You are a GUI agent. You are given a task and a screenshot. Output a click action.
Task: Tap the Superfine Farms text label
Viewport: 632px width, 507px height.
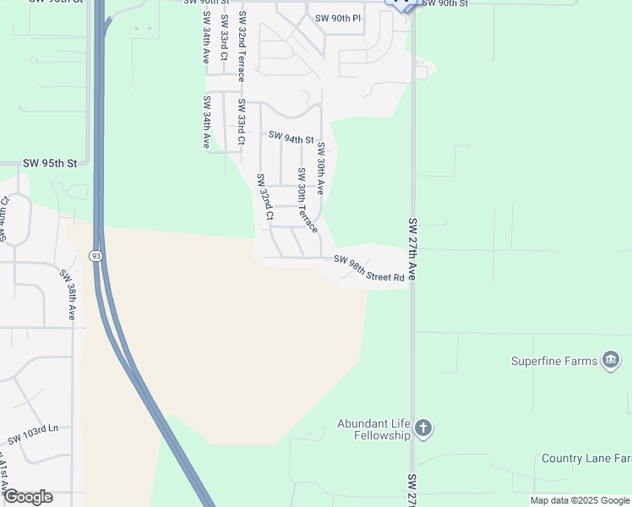(x=553, y=361)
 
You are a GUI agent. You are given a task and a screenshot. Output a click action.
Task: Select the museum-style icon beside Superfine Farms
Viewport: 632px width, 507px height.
(x=610, y=361)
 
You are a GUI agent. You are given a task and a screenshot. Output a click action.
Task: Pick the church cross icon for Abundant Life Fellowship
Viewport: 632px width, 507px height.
(x=424, y=429)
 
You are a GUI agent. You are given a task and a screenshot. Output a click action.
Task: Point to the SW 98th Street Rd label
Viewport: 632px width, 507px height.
(x=369, y=268)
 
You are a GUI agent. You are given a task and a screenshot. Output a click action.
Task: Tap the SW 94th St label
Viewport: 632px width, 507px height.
(x=291, y=137)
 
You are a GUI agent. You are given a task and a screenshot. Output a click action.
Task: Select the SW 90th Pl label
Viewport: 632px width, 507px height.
(x=337, y=18)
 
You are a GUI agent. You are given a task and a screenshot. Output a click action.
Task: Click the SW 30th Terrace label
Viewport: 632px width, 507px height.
(x=307, y=200)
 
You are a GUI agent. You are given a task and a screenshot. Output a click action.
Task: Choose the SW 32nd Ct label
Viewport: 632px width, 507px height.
(x=264, y=197)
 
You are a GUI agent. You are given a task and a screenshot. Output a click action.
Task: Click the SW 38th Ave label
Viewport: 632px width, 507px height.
(x=68, y=294)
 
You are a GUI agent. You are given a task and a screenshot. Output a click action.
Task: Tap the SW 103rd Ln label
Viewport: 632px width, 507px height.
(x=33, y=435)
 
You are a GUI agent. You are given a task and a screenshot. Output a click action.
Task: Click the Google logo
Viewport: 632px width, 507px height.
(x=28, y=497)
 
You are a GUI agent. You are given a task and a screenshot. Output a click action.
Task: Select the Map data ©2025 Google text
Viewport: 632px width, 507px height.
(x=579, y=500)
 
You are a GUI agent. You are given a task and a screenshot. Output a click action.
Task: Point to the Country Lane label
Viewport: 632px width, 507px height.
(x=586, y=459)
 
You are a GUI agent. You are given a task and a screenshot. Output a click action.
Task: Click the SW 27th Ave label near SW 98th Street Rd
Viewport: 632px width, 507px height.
(x=413, y=249)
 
